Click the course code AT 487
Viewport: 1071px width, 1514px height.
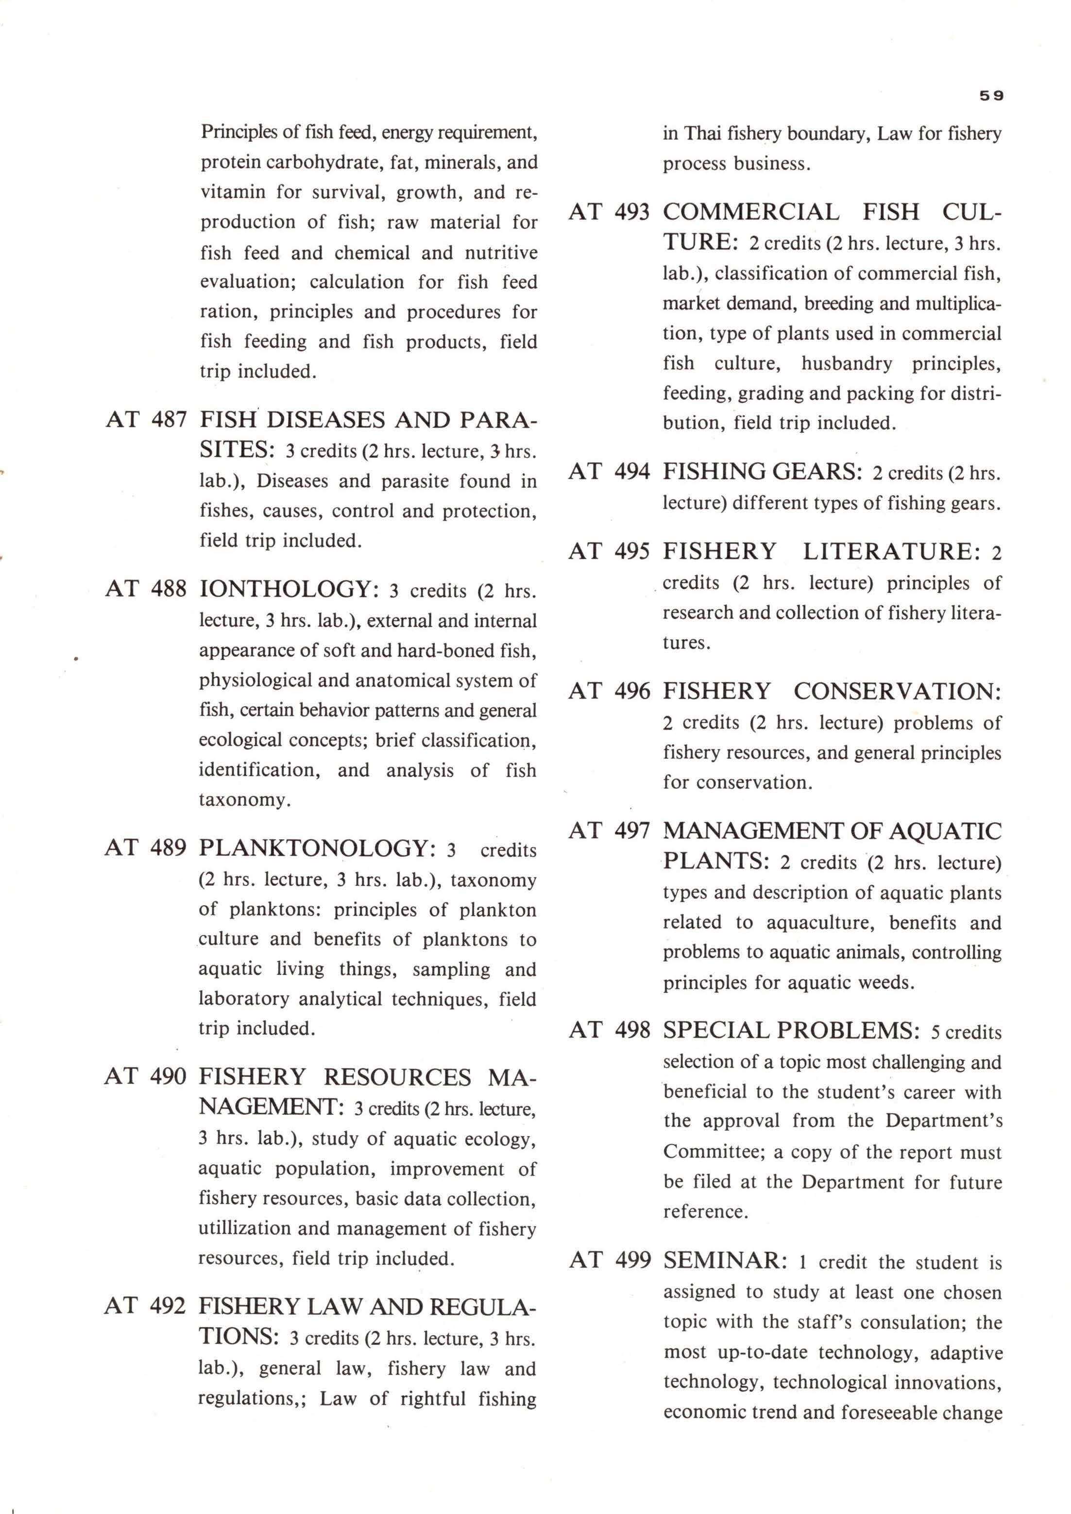pos(146,420)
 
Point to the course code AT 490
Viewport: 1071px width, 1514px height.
pos(145,1076)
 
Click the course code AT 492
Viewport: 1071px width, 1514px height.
pos(145,1306)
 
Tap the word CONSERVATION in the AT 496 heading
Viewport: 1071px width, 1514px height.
pos(898,691)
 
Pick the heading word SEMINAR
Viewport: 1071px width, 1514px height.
pos(725,1260)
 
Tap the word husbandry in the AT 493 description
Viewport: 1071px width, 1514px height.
pos(846,363)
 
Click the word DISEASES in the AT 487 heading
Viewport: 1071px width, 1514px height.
pos(324,420)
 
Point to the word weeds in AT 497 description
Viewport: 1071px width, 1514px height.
pos(886,983)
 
